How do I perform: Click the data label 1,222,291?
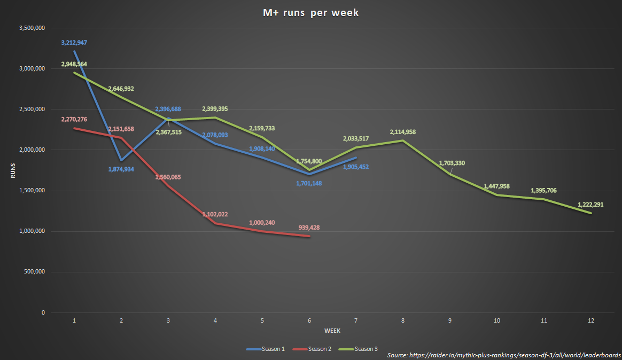(590, 205)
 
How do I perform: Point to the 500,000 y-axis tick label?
(34, 272)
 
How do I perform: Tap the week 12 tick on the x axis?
(591, 320)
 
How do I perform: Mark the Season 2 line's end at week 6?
(309, 236)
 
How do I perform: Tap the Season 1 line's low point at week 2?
(121, 160)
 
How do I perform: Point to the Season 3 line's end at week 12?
(591, 213)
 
